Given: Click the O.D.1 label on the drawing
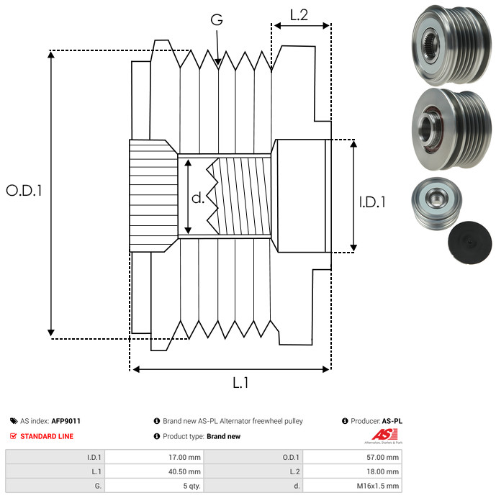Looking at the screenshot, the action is (24, 190).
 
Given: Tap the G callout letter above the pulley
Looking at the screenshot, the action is (217, 19).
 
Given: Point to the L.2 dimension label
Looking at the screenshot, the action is (299, 15).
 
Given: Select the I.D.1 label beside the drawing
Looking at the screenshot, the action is (372, 202).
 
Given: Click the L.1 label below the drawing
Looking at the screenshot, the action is (240, 383).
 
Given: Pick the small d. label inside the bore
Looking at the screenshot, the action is (198, 198).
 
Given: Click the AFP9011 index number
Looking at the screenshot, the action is (66, 421).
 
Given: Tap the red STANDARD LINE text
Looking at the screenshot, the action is (47, 436).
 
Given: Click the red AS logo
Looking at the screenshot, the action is (384, 435).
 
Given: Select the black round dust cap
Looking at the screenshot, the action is (470, 243).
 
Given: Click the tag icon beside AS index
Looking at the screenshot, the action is (14, 421).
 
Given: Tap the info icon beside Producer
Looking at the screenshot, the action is (345, 421).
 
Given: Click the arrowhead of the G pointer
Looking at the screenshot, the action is (217, 62).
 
